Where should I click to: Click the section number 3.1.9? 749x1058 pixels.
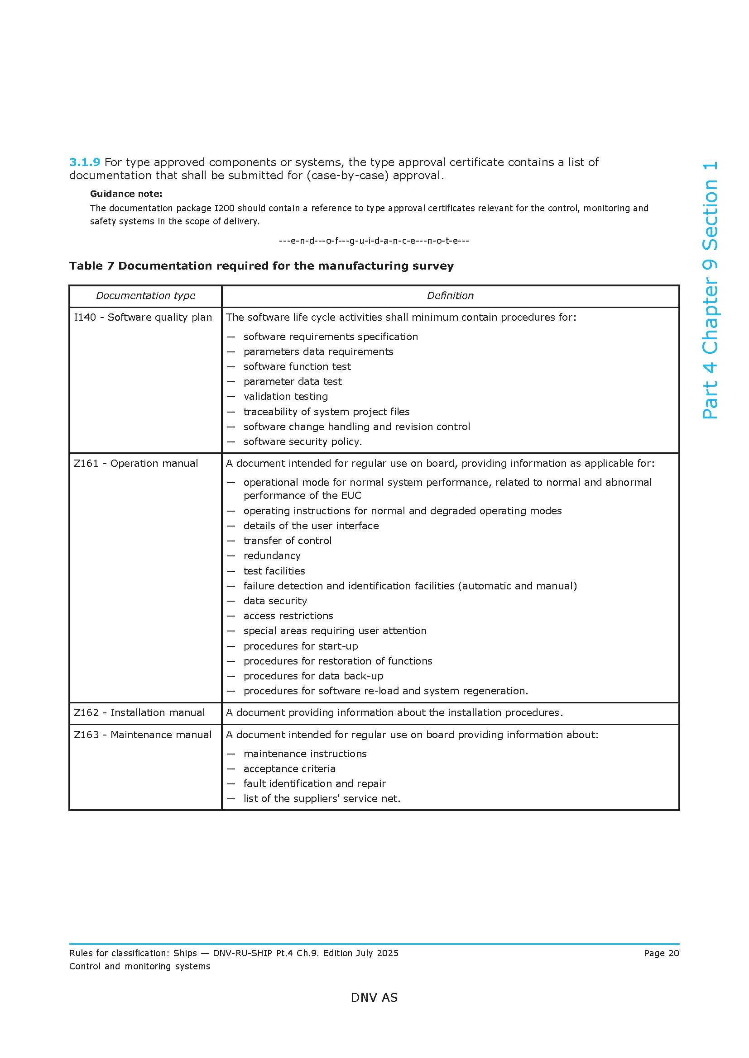click(84, 162)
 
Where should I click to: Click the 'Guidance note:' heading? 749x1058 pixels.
click(126, 194)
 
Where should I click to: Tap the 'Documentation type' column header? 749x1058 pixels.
click(145, 296)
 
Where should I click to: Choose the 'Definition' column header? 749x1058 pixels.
click(450, 296)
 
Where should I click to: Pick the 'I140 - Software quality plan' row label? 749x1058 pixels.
click(143, 318)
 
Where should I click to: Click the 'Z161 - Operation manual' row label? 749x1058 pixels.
click(136, 464)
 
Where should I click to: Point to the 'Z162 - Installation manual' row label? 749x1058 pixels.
click(139, 713)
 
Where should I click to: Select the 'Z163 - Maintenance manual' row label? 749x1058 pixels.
click(143, 735)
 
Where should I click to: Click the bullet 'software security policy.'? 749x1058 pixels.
click(302, 442)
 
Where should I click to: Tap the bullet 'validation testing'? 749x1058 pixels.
click(285, 397)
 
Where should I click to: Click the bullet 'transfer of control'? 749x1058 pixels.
click(288, 541)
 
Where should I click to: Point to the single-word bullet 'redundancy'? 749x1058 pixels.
click(272, 556)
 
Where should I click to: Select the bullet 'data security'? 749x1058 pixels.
click(275, 601)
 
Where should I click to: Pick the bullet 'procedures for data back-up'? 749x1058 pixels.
click(313, 676)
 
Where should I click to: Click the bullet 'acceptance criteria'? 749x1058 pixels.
click(289, 769)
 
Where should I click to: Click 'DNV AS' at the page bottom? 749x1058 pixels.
click(374, 998)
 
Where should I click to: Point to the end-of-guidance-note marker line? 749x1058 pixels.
click(374, 241)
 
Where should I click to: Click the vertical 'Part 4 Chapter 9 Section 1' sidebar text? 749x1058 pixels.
click(710, 290)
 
